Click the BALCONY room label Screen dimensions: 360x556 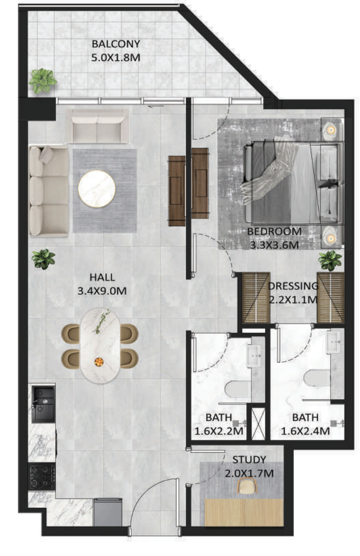point(115,44)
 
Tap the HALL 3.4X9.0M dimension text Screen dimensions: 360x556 point(102,291)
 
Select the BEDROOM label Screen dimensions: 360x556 point(274,231)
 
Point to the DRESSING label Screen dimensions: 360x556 point(293,286)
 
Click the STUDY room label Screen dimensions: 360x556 point(249,460)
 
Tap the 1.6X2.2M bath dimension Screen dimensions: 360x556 point(219,431)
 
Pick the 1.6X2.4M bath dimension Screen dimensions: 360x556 point(305,431)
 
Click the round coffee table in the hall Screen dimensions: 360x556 point(97,189)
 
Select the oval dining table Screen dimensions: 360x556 point(101,345)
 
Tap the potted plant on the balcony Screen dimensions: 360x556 point(42,80)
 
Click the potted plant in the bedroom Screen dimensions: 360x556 point(330,261)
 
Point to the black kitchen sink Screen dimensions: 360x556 point(43,404)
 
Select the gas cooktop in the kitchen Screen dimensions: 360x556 point(42,477)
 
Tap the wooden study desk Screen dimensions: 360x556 point(244,513)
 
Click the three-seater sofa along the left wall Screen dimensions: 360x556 point(49,191)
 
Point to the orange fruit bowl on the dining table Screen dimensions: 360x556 point(99,362)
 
